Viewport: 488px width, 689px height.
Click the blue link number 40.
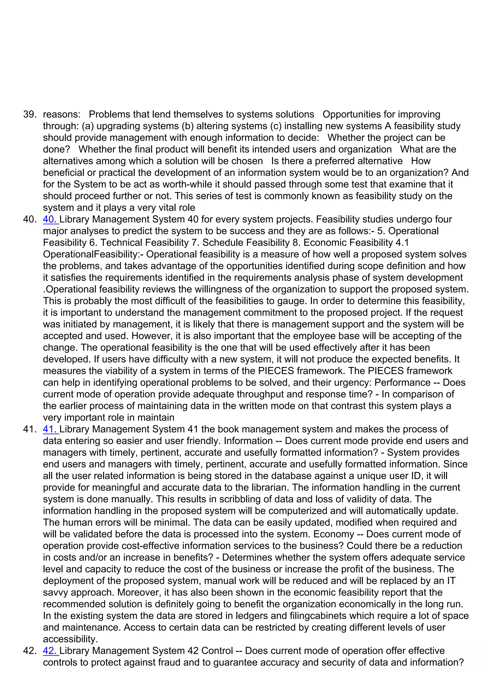pyautogui.click(x=51, y=220)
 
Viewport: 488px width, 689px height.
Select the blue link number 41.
pyautogui.click(x=51, y=429)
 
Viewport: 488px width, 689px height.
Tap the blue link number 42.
pyautogui.click(x=51, y=651)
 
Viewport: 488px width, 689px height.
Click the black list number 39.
pyautogui.click(x=30, y=114)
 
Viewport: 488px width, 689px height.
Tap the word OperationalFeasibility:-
pyautogui.click(x=93, y=254)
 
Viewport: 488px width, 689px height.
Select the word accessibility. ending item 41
pyautogui.click(x=70, y=639)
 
